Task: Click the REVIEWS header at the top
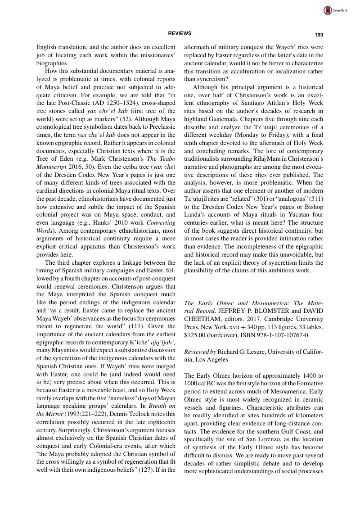pyautogui.click(x=180, y=33)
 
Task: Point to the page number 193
pyautogui.click(x=319, y=35)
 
